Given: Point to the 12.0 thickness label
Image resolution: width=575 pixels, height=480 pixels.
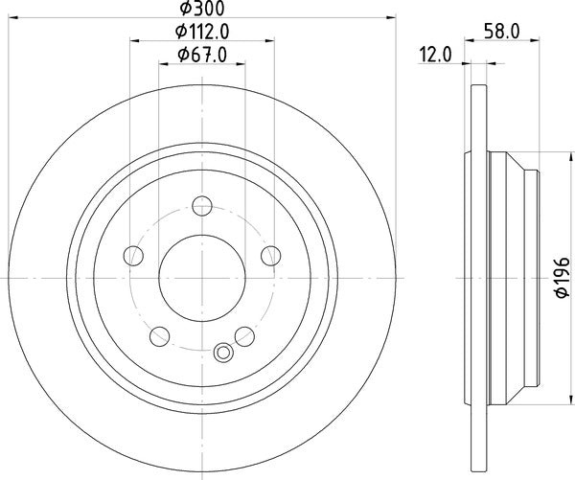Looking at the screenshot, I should [435, 55].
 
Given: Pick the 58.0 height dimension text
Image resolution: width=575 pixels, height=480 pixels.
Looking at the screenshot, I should [501, 32].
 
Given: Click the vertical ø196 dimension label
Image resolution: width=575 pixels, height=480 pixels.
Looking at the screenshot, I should [563, 278].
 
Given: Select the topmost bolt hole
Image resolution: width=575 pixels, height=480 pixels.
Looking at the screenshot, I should [202, 207].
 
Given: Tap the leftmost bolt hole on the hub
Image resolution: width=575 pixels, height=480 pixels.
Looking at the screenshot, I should [133, 256].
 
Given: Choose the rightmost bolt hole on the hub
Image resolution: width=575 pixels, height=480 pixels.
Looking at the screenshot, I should [271, 256].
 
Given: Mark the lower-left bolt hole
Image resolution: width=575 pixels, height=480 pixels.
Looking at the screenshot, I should [160, 335].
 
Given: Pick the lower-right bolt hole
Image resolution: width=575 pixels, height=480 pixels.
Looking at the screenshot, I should [245, 335].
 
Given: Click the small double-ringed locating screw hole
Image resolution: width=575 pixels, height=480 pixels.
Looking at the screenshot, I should [225, 352].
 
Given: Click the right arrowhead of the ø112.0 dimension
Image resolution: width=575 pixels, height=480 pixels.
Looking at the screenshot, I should [271, 40].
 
